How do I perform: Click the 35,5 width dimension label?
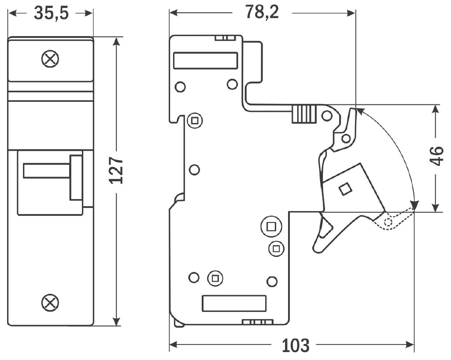51,14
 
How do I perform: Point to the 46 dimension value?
436,156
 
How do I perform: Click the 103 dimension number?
296,345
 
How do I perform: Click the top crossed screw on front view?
50,59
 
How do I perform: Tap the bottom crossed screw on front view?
50,302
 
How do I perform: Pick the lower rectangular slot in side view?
234,304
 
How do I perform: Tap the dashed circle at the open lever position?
388,223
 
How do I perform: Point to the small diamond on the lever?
345,189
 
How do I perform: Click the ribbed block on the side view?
303,114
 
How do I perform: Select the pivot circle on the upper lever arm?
346,139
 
